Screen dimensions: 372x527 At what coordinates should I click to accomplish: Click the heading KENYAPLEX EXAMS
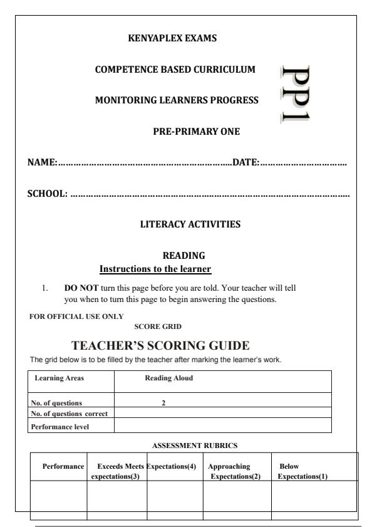coord(172,38)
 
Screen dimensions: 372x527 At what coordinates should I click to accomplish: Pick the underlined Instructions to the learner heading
coord(155,269)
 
